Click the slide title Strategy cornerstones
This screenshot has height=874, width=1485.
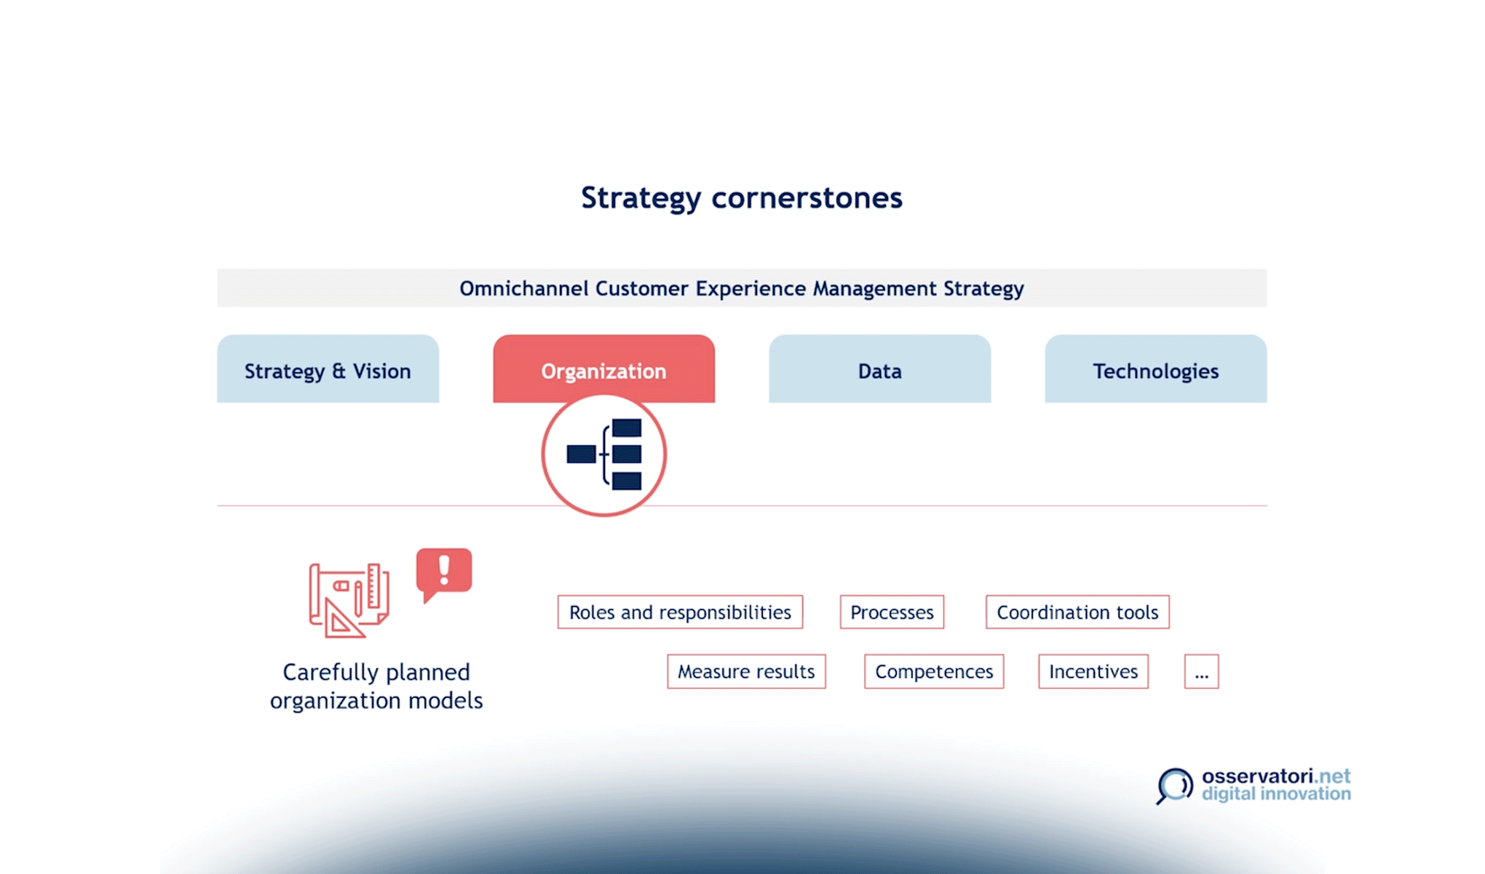click(742, 198)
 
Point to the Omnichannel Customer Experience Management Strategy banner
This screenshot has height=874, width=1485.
click(742, 288)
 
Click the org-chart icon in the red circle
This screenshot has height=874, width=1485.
click(604, 454)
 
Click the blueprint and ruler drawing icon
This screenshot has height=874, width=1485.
click(349, 600)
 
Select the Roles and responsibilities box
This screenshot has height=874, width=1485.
click(680, 612)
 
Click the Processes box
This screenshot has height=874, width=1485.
click(892, 612)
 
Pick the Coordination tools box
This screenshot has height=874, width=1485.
click(1077, 612)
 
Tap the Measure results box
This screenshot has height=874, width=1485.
click(746, 671)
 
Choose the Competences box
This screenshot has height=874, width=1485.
click(934, 671)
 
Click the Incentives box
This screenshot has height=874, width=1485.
click(1093, 671)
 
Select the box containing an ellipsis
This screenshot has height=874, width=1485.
click(1201, 671)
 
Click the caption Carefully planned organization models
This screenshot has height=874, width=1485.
click(376, 686)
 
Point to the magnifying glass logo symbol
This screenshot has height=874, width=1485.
click(1174, 786)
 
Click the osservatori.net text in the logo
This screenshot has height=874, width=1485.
click(1276, 776)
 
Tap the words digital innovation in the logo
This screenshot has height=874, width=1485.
click(1276, 794)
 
